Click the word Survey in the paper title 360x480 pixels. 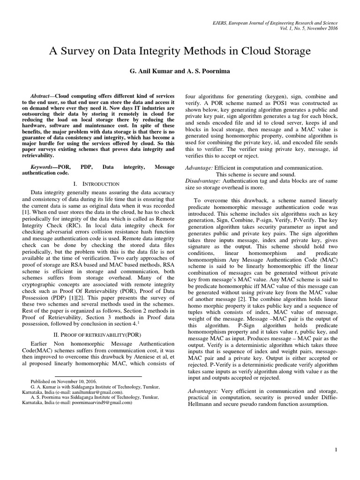coord(91,51)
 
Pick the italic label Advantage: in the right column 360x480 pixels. coord(202,167)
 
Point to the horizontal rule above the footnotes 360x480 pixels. coord(98,376)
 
